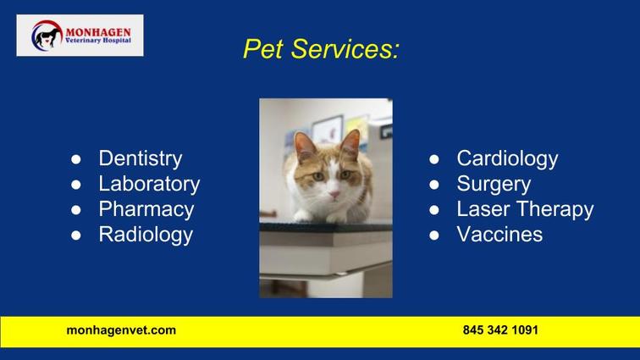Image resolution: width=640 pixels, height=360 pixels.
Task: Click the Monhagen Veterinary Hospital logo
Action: point(80,36)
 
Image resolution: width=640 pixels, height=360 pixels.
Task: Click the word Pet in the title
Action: point(262,49)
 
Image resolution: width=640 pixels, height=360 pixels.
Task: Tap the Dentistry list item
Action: point(141,159)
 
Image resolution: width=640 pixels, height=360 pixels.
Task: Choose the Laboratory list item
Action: point(149,184)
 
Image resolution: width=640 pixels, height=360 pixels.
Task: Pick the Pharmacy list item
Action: point(146,209)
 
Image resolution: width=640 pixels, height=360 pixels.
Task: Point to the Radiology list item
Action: point(146,235)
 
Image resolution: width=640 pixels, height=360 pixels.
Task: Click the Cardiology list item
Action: point(507,159)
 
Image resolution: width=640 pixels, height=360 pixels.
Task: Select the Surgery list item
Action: point(494,185)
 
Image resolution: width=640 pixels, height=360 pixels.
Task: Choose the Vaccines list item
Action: point(499,235)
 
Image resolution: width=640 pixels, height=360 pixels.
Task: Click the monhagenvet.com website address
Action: point(121,330)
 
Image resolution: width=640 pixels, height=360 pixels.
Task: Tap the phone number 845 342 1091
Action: point(500,330)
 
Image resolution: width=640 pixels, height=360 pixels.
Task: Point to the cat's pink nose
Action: point(334,194)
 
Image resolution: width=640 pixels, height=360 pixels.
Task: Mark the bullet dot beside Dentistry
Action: point(76,159)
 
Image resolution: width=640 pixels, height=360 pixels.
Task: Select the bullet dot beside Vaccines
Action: point(434,235)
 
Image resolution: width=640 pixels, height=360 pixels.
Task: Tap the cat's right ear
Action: point(351,143)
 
